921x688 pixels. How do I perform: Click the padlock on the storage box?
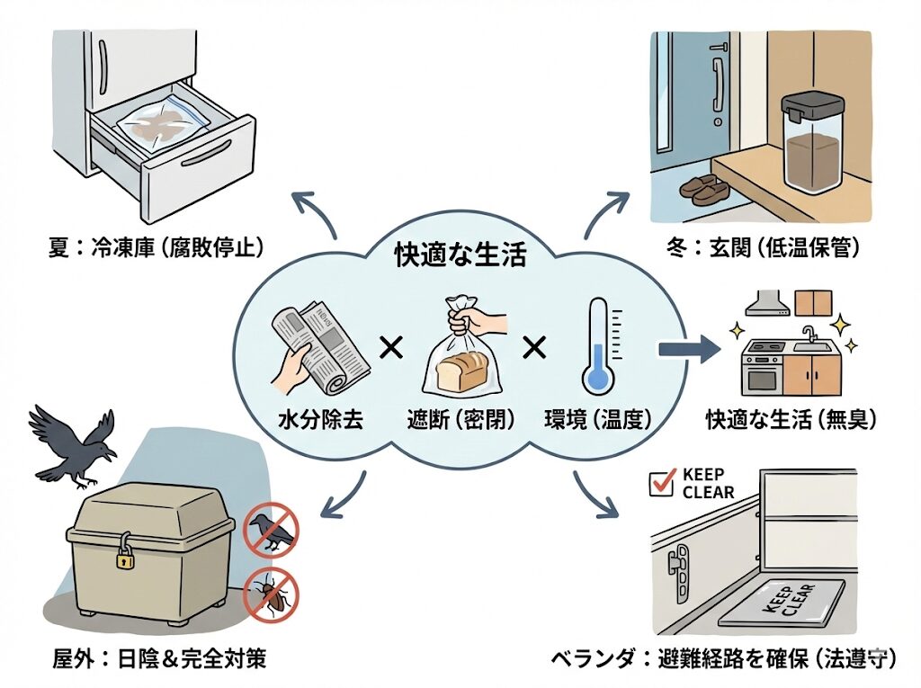pyautogui.click(x=124, y=558)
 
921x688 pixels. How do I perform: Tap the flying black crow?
pyautogui.click(x=74, y=444)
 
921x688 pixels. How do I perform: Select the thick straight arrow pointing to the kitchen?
pyautogui.click(x=689, y=350)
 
